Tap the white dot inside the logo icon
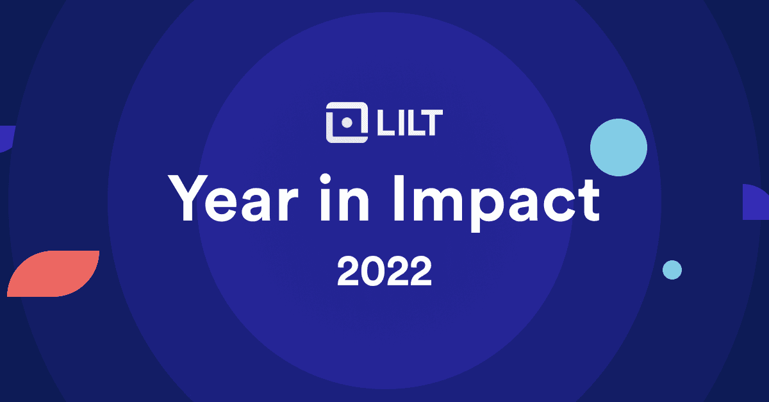346,122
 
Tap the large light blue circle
618,147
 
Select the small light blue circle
672,270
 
